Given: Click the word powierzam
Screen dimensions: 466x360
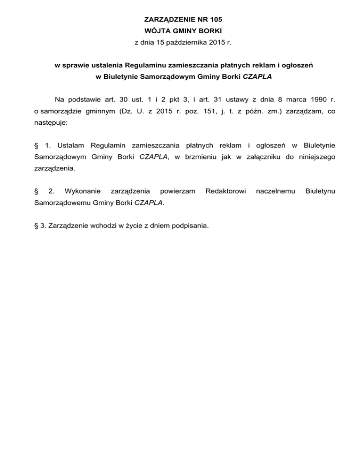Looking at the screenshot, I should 178,191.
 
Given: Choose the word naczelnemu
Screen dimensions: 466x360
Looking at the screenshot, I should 276,191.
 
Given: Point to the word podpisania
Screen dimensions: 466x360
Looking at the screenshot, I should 190,226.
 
